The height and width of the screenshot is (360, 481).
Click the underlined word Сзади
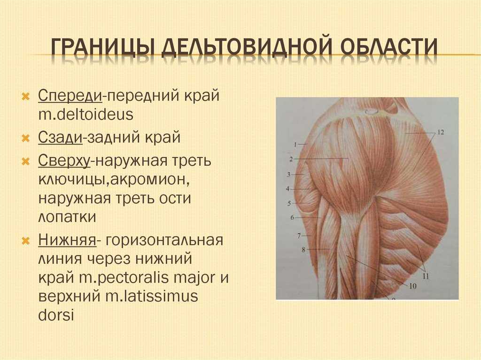coord(61,137)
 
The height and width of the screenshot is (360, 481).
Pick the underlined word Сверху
coord(64,161)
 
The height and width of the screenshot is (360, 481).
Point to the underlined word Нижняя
coord(67,240)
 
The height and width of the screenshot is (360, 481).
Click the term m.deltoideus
coord(86,115)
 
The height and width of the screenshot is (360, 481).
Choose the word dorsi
coord(56,315)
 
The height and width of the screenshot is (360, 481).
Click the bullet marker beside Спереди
coord(26,97)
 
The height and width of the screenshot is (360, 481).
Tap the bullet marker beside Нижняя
coord(26,240)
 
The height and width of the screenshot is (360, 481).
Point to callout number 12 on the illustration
coord(440,132)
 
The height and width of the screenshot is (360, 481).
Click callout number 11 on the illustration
coord(426,276)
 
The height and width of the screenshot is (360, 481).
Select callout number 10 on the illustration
coord(413,286)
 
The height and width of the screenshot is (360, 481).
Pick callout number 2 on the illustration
coord(291,159)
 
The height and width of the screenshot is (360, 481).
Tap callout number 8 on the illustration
coord(303,250)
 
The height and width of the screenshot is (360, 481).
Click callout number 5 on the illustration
coord(289,203)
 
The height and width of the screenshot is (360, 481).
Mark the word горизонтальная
coord(164,240)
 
